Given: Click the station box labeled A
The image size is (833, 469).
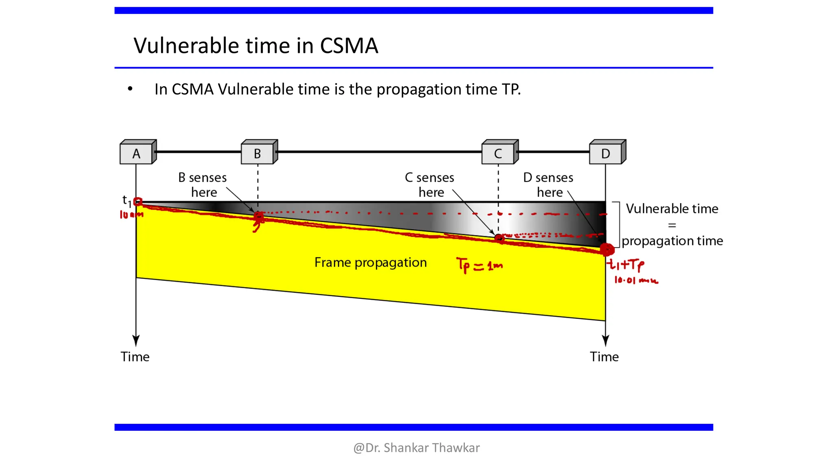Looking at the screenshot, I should pos(137,153).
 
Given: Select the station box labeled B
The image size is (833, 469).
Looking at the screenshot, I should pos(258,153).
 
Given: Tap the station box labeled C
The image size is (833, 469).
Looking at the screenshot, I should pos(498,153).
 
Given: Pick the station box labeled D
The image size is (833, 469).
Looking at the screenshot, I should pos(606,153).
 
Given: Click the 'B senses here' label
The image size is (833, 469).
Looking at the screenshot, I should pos(203,185).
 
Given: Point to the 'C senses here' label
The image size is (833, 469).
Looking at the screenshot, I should pos(430,185).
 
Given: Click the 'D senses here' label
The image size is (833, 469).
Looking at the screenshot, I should pos(548,185).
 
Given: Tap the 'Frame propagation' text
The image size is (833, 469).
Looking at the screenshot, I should pos(371,263).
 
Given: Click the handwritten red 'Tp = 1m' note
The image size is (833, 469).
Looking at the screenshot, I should pos(479,265).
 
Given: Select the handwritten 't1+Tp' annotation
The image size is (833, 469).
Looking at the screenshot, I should pos(626,265).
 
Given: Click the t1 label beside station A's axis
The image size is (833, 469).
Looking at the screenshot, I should pos(126,200).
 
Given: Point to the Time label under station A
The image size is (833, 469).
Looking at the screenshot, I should pos(135,357).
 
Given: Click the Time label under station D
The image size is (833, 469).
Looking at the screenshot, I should pos(604,357).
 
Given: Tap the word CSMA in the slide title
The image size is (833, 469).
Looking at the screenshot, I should pos(349,45).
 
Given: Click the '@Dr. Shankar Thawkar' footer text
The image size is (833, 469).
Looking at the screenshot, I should pos(416,448).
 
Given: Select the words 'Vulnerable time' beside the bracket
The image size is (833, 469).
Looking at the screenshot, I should pos(672,208).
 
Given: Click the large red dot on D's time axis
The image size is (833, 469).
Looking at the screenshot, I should pos(607,249).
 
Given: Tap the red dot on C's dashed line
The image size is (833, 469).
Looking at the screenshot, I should pos(499,238).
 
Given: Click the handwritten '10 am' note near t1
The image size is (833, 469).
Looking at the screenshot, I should pos(131,215).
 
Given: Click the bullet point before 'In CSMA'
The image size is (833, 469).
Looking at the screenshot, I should pos(130,89).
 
